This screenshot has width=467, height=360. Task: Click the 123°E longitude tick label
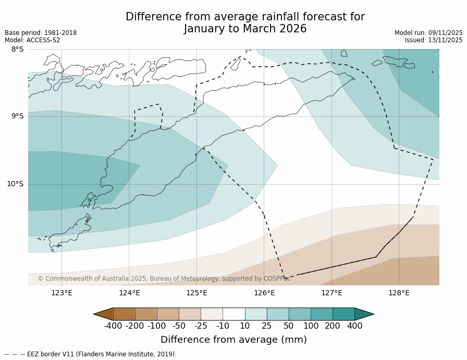pos(62,293)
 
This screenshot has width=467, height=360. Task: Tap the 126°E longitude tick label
pos(264,293)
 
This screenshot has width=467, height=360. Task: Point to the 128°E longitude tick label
pos(399,293)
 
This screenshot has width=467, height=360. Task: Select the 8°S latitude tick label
pos(17,50)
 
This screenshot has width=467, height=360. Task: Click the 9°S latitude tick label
pos(17,116)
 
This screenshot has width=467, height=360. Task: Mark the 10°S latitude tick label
pos(15,184)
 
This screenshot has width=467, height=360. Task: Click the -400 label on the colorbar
pos(113,326)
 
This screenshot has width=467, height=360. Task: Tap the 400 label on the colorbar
pos(354,326)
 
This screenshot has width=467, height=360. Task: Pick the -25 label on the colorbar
pos(201,326)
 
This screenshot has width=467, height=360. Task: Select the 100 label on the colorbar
pos(311,326)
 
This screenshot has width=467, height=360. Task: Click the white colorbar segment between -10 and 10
pos(233,314)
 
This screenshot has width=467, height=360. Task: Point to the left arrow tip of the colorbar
pos(95,314)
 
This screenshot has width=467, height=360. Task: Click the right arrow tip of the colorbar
pos(373,314)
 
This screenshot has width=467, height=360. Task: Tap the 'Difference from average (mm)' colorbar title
pos(233,340)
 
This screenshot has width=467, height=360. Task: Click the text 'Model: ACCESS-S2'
pos(32,40)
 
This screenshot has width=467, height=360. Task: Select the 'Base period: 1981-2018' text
pos(41,33)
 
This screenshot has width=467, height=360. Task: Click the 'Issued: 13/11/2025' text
pos(434,40)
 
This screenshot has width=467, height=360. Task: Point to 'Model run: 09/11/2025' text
pos(428,33)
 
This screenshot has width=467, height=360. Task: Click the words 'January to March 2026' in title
pos(245,29)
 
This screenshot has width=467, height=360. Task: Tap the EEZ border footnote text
pos(91,354)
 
